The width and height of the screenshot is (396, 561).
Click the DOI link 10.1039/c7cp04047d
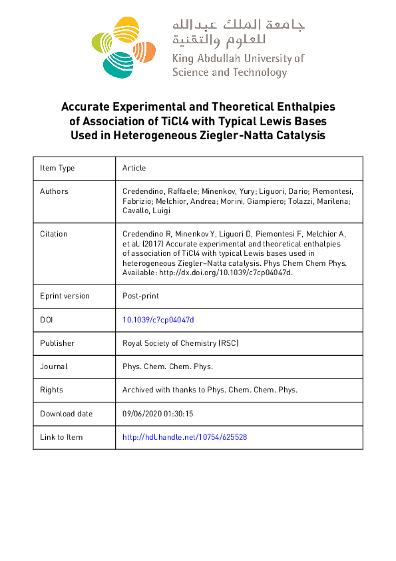(x=158, y=320)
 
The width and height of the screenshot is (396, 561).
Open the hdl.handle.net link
(x=185, y=437)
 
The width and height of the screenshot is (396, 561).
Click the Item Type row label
(x=57, y=168)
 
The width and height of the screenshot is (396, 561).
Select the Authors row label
(x=54, y=191)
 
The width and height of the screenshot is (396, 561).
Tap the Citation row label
(x=54, y=234)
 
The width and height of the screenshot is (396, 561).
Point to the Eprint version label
(x=65, y=296)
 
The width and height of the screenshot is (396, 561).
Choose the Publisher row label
(x=57, y=343)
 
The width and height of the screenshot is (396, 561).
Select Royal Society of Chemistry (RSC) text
(x=180, y=343)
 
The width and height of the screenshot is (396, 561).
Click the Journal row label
(x=54, y=366)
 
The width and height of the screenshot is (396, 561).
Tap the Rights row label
(x=52, y=390)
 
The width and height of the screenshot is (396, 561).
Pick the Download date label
(x=67, y=414)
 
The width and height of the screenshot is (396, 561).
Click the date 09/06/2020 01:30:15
(x=158, y=414)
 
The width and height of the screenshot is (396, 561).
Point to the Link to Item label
(x=61, y=437)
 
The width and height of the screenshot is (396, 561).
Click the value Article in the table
(x=134, y=168)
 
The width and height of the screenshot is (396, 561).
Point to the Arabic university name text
(x=238, y=31)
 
